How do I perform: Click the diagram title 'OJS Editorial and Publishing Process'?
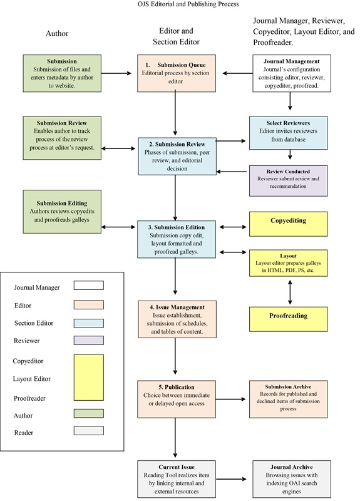(188, 4)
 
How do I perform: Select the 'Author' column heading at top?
(57, 34)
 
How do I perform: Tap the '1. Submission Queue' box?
(177, 73)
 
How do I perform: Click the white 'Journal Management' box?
(292, 73)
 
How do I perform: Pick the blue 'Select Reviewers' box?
(288, 133)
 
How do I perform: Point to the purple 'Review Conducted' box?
(288, 180)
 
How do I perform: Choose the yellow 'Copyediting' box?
(288, 224)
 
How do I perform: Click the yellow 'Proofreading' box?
(288, 319)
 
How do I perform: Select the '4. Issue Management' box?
(177, 319)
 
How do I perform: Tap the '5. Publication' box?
(177, 399)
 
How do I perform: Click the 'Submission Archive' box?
(288, 399)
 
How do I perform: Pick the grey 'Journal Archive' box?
(292, 479)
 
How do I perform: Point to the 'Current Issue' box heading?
(177, 467)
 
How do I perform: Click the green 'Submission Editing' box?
(62, 212)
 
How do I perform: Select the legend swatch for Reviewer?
(89, 340)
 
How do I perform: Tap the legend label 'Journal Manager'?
(37, 287)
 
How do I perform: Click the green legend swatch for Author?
(89, 413)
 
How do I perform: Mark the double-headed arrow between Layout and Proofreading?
(290, 292)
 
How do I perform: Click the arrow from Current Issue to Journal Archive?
(231, 479)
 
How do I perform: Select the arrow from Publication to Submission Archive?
(230, 399)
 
